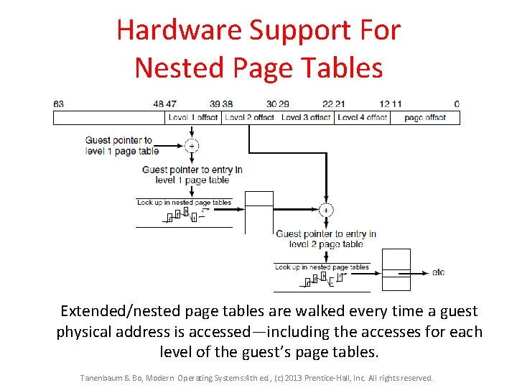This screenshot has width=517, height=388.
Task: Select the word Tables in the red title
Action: pos(343,68)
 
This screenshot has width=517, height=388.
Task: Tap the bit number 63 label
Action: pos(58,104)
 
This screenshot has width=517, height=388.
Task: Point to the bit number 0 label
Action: pos(457,104)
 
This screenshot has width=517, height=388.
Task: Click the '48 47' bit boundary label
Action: pos(164,104)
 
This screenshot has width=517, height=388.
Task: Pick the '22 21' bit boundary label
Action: pos(334,104)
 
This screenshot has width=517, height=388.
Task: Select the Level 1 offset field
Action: pos(192,117)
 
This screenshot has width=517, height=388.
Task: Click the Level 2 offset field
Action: pos(249,117)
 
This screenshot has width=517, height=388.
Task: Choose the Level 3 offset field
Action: pos(306,117)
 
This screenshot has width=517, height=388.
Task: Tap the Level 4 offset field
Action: pos(362,117)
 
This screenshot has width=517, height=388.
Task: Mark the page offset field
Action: pos(425,117)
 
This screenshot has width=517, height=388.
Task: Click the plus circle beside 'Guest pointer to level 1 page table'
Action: pos(192,146)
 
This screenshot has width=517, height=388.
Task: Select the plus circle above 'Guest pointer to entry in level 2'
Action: pos(325,211)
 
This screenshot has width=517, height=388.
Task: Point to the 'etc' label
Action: pos(438,272)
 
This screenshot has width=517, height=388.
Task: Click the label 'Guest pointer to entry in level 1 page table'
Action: pos(192,175)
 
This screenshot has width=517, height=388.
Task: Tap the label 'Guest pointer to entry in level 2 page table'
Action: pos(326,239)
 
